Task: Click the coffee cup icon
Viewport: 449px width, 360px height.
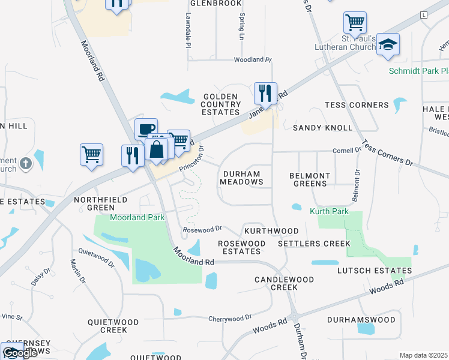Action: (x=146, y=128)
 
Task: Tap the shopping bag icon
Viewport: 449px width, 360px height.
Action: (x=156, y=149)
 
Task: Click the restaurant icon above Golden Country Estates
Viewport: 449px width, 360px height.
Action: (x=265, y=93)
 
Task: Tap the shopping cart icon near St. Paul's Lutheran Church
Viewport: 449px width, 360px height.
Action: (x=355, y=23)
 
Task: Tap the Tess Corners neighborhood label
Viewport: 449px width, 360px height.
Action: (x=357, y=105)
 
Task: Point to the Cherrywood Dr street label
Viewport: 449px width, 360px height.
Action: (x=230, y=318)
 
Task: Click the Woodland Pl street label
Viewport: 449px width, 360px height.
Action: (x=253, y=60)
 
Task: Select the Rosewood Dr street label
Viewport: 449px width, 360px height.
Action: (x=203, y=229)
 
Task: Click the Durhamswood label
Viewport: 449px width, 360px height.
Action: (x=361, y=320)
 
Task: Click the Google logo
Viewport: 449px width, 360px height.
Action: (x=19, y=353)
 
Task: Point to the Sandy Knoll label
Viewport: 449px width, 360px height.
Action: (x=322, y=128)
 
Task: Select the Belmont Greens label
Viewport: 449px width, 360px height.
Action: (x=310, y=179)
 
